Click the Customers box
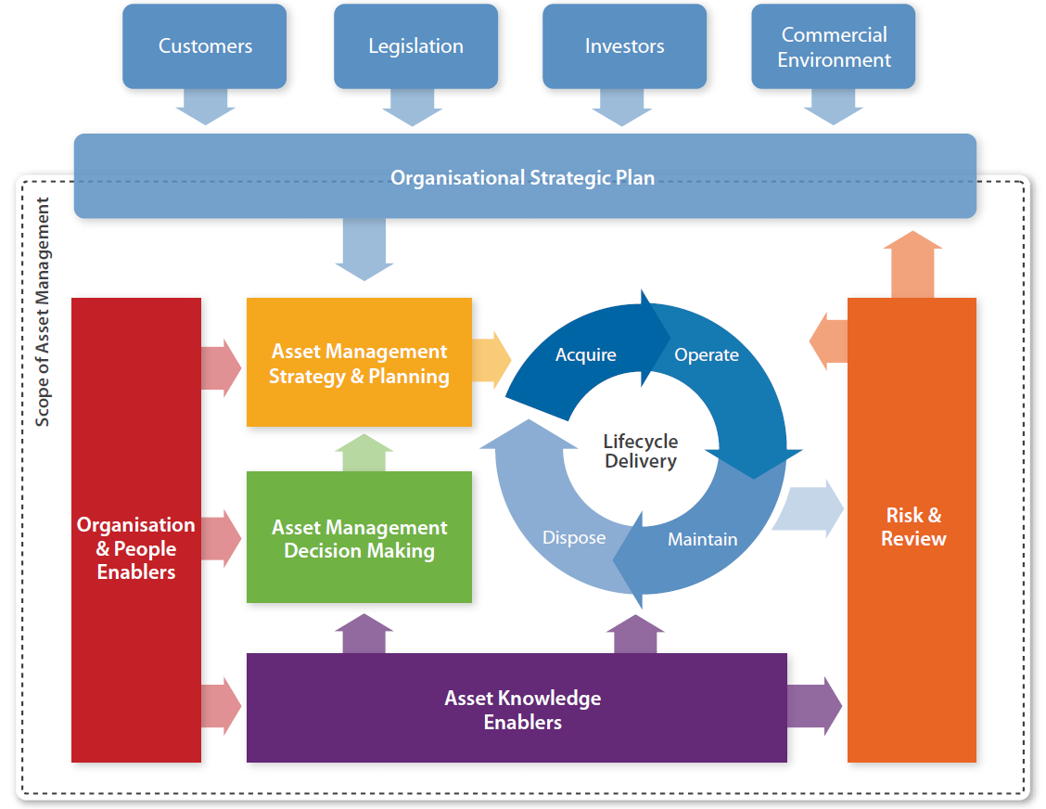coord(204,46)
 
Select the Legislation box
coord(415,46)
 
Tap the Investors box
coord(624,46)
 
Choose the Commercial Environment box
coord(834,46)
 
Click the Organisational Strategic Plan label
coord(522,178)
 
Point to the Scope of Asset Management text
coord(43,312)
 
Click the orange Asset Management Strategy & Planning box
coord(359,362)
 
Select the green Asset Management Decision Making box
coord(359,537)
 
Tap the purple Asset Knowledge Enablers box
coord(517,708)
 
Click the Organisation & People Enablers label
coord(136,548)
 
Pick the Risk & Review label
coord(913,527)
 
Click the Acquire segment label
coord(586,354)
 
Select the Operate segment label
coord(707,354)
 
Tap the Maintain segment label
coord(703,539)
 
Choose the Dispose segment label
coord(574,537)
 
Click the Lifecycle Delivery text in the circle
coord(641,451)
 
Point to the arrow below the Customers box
coord(205,107)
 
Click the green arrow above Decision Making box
coord(364,453)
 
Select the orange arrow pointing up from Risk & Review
coord(912,264)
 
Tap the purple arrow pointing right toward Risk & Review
coord(814,706)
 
